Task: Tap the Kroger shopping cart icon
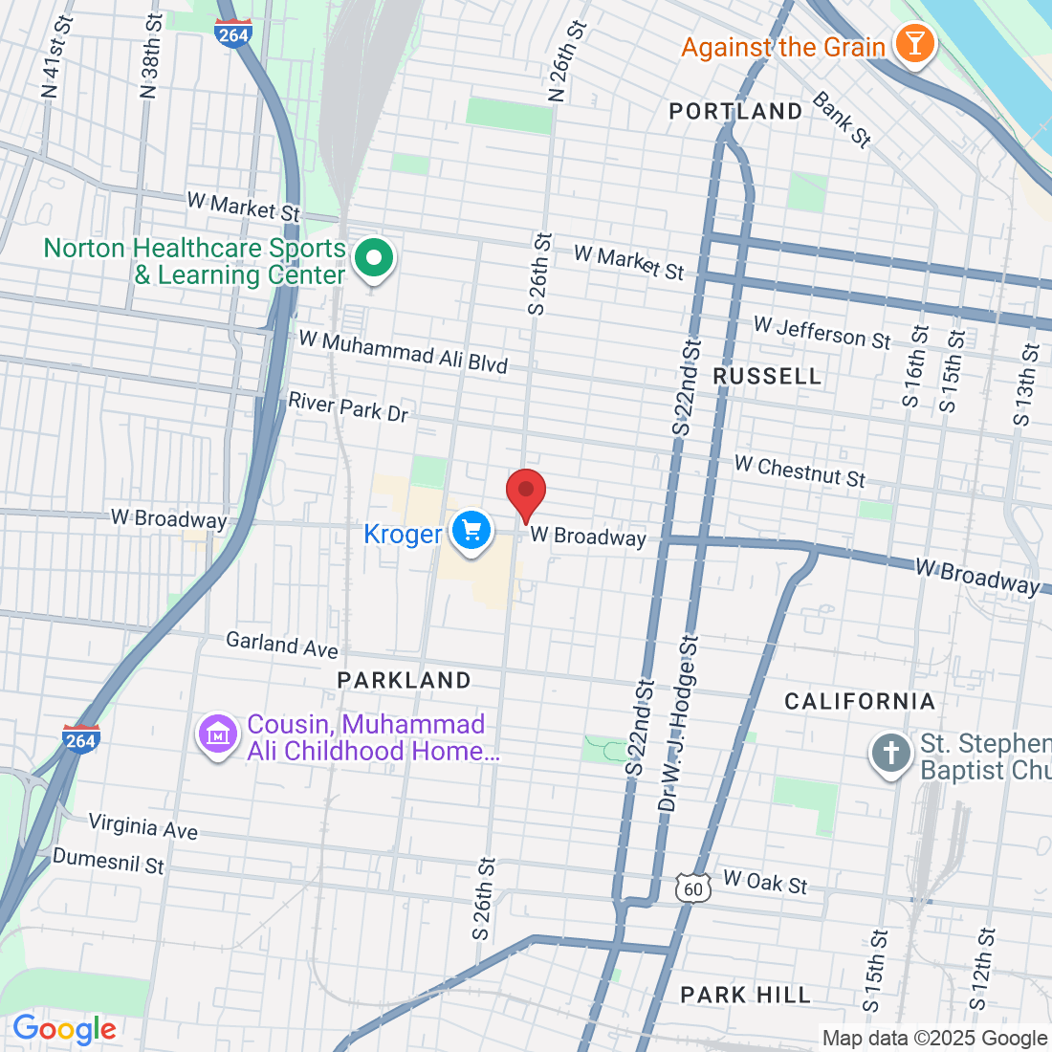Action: click(470, 531)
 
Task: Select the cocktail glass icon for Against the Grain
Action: click(914, 44)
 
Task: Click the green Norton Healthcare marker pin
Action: click(374, 258)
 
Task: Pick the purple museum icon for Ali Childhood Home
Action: click(218, 735)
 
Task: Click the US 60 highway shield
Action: click(693, 888)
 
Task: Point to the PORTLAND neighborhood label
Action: click(735, 112)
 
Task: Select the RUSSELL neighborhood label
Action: click(767, 377)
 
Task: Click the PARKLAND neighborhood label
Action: click(405, 681)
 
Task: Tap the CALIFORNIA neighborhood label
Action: click(860, 702)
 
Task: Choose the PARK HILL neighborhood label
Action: click(745, 996)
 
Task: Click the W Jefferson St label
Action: click(822, 333)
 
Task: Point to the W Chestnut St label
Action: click(800, 471)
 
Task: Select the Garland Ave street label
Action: click(282, 646)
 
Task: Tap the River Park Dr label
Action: click(348, 407)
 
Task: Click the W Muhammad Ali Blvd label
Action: click(403, 351)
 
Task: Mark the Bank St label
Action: click(842, 120)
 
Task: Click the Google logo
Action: click(64, 1030)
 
